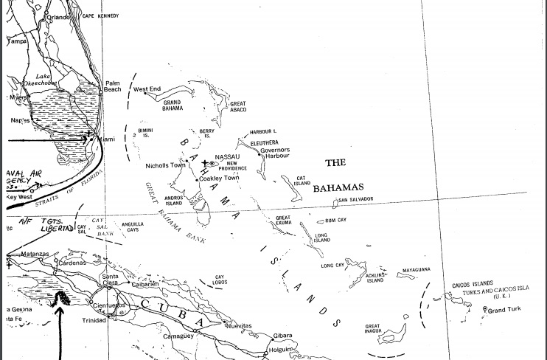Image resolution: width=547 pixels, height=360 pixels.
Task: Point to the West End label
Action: pos(147,89)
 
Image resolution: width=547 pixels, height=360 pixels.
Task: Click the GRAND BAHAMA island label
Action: pos(172,105)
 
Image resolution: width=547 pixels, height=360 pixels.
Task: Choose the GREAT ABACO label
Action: pos(238,106)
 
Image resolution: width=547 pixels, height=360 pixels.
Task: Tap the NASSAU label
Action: pos(226,156)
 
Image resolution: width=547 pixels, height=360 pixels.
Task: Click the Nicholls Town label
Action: pos(165,165)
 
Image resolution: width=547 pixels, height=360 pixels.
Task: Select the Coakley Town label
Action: pos(220,178)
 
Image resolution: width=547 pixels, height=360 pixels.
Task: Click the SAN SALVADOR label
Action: pos(357,200)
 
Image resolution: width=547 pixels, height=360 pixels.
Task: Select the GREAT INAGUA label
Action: pos(373,328)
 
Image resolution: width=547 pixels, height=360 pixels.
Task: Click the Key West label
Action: pos(21,196)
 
